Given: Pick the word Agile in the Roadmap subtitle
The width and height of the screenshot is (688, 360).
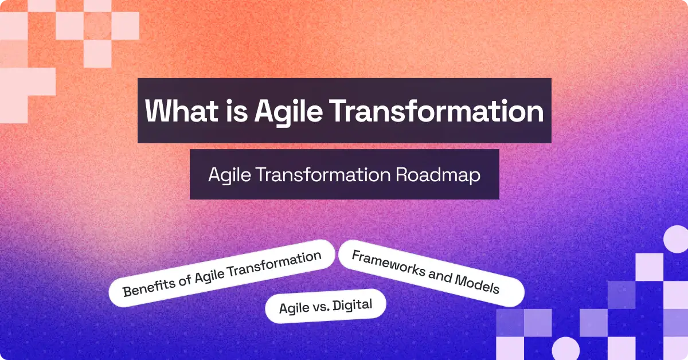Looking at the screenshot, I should (x=227, y=175).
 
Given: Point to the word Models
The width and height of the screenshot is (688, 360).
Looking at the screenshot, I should (x=477, y=284).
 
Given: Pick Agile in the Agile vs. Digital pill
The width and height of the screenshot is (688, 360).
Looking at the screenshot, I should (x=294, y=309).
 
